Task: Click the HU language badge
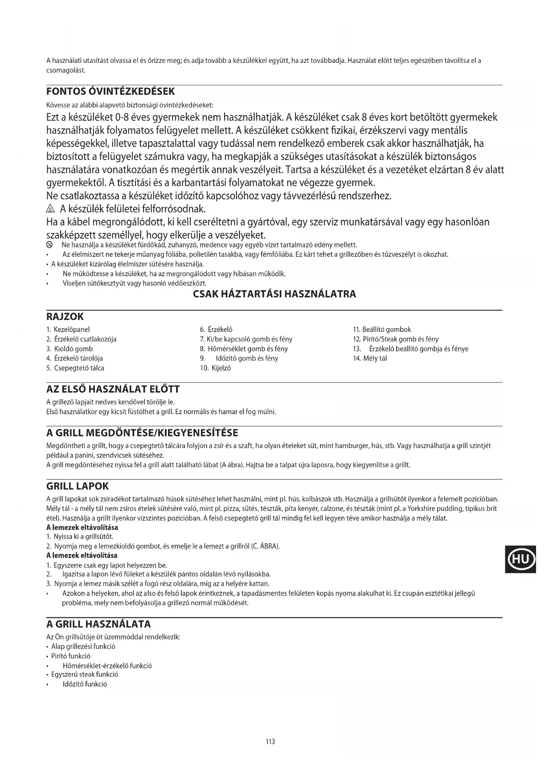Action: (x=520, y=559)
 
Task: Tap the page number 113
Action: (x=270, y=741)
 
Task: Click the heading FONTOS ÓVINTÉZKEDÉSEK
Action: (x=111, y=91)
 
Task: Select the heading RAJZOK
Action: (x=65, y=317)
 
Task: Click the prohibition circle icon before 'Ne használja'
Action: (x=50, y=245)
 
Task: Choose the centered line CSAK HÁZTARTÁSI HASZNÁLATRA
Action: (x=274, y=294)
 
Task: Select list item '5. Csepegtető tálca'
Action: (x=75, y=368)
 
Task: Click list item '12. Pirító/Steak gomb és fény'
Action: (x=396, y=339)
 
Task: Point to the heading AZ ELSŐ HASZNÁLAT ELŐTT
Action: (x=113, y=389)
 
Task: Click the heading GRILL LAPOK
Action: (x=78, y=486)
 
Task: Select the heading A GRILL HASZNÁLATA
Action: (x=98, y=624)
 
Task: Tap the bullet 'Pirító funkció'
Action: (x=70, y=656)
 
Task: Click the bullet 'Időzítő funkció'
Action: (x=85, y=684)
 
